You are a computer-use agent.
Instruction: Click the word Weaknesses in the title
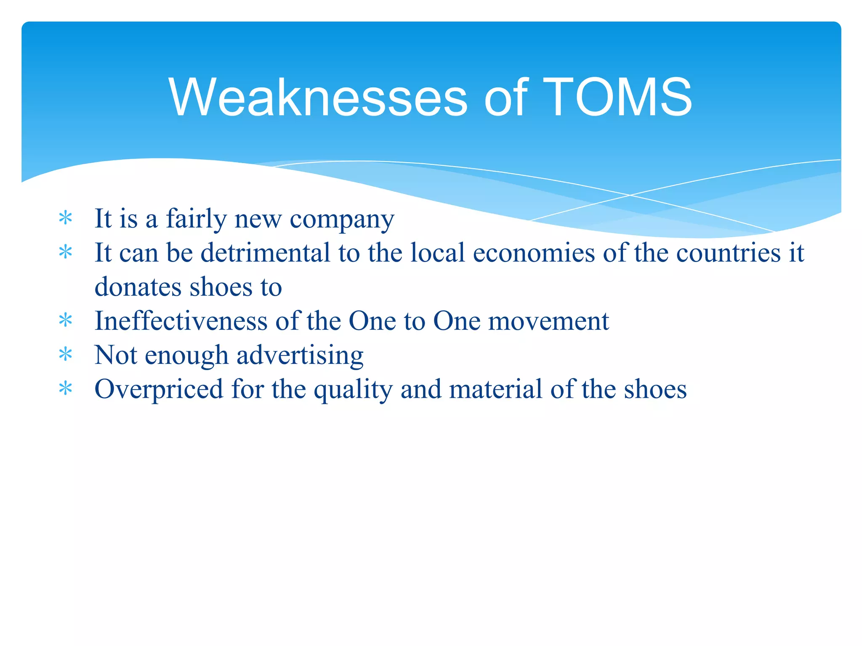point(318,98)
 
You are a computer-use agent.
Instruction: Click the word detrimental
point(265,253)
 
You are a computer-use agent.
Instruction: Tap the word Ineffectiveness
point(181,321)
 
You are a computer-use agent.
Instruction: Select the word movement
point(548,321)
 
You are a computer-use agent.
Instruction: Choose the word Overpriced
point(159,389)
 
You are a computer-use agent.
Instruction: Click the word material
point(495,389)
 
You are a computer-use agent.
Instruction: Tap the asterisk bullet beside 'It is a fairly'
point(66,218)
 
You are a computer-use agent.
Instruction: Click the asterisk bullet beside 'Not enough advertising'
point(66,355)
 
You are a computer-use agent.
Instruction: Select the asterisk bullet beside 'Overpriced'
point(66,389)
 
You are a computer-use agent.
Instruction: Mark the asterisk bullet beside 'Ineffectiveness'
point(66,321)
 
